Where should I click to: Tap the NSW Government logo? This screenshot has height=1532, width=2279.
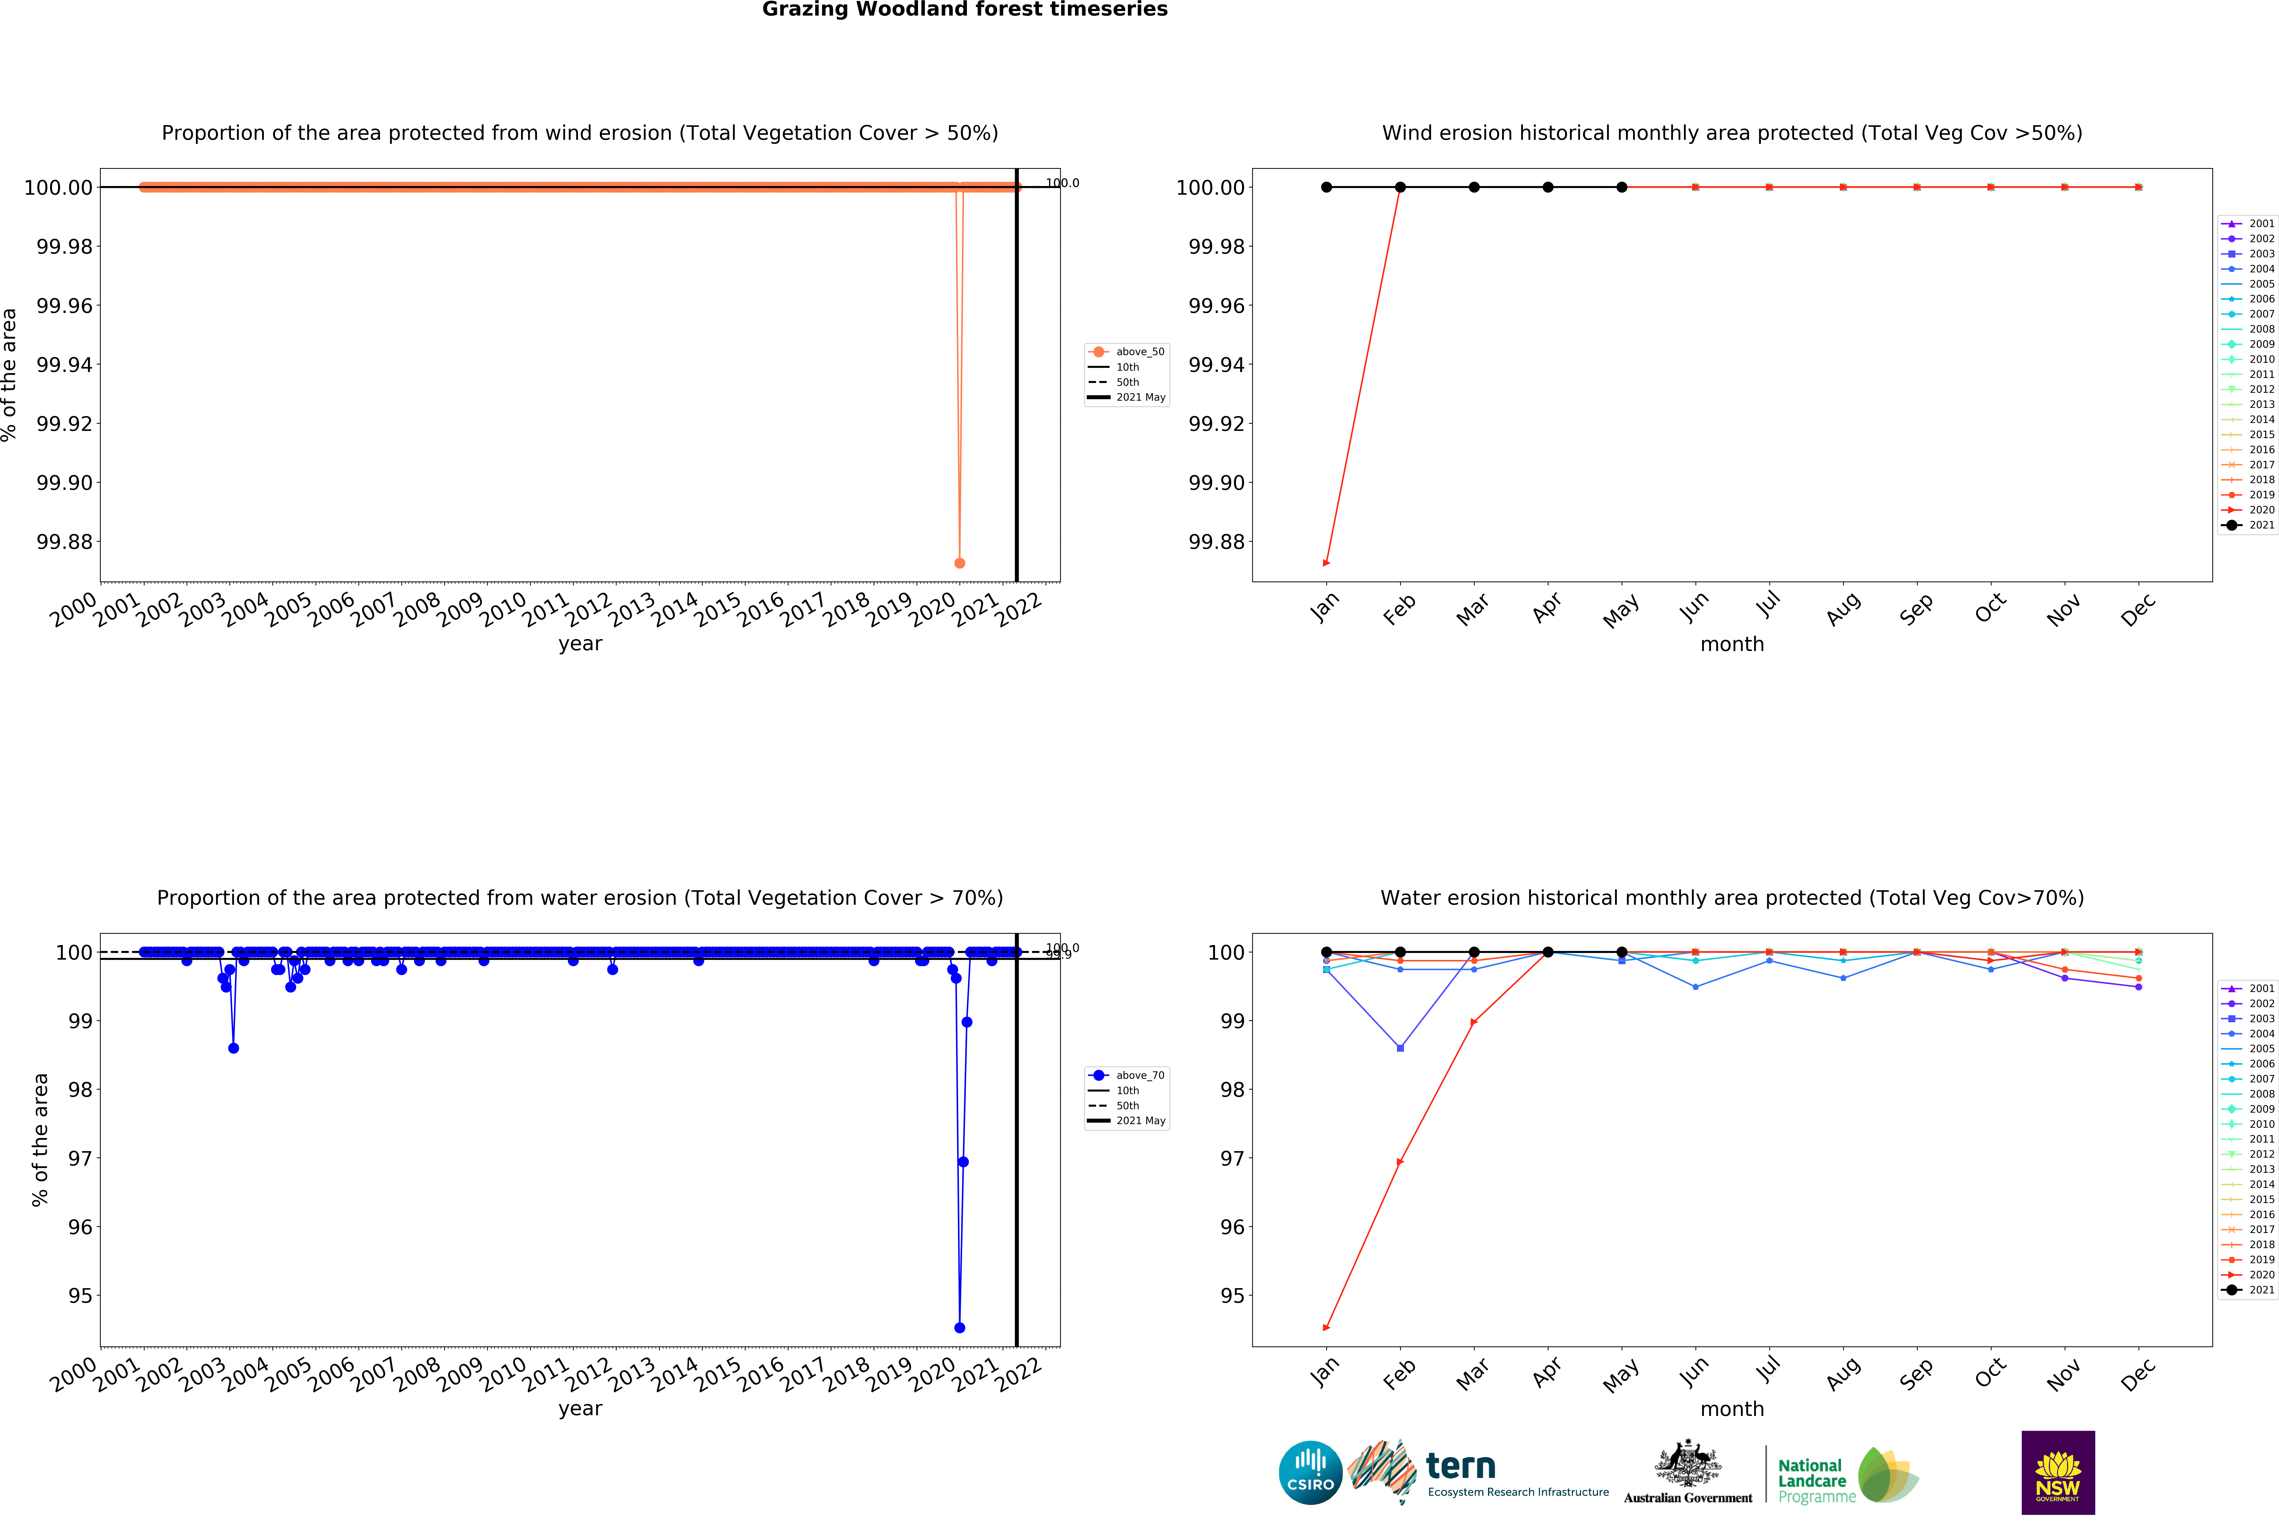pos(2057,1472)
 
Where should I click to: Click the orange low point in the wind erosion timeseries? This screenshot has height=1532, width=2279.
pos(959,563)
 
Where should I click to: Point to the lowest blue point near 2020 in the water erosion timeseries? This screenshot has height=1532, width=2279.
pos(959,1328)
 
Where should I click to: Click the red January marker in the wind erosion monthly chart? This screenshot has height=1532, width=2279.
pos(1326,563)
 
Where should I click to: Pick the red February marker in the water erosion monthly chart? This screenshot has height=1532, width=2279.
pos(1400,1162)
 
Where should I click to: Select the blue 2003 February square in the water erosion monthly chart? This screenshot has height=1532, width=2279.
pos(1400,1048)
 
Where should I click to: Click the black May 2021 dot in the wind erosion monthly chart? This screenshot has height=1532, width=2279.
pos(1622,187)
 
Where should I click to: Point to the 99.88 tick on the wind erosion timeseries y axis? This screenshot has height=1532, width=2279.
pos(64,541)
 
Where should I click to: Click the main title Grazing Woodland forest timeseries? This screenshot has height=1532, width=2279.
pos(964,10)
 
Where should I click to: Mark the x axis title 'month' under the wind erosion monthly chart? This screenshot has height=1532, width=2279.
pos(1732,644)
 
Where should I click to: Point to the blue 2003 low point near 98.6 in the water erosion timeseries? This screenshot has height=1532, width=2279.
pos(234,1048)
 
